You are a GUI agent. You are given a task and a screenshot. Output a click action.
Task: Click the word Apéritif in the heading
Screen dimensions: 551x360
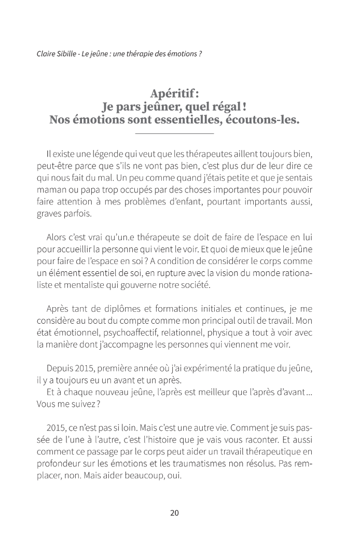[x=172, y=93]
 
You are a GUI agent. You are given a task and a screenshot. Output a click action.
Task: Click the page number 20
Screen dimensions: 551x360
[x=174, y=513]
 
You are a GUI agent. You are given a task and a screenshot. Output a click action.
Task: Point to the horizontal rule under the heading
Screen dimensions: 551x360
[x=174, y=134]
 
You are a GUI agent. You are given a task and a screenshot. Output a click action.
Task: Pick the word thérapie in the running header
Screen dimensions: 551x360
[x=141, y=54]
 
